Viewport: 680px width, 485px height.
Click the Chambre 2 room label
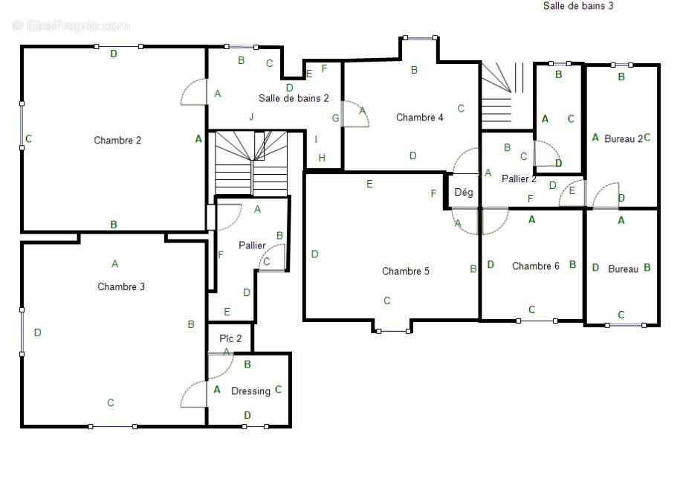click(x=117, y=141)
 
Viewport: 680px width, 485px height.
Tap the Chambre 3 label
click(x=121, y=286)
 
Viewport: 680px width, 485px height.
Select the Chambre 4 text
click(x=419, y=118)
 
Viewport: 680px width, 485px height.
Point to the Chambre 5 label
click(x=406, y=271)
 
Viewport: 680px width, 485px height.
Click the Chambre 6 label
click(x=536, y=266)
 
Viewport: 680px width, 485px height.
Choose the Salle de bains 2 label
click(x=294, y=98)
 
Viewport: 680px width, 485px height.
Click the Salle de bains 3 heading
click(x=578, y=6)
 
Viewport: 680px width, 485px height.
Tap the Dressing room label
click(x=250, y=391)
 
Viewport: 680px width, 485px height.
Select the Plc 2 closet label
click(x=230, y=338)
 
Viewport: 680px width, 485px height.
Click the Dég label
click(x=464, y=192)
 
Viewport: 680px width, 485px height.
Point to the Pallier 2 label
click(x=519, y=179)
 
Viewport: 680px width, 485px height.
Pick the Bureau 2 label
click(x=624, y=139)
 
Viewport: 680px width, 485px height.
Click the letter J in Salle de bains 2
click(x=251, y=116)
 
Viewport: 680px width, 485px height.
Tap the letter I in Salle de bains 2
click(x=316, y=139)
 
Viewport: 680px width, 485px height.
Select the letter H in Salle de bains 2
click(x=322, y=158)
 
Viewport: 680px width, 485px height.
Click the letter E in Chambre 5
click(x=369, y=184)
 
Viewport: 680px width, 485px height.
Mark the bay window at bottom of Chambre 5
click(x=393, y=331)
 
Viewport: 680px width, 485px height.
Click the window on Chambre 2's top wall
click(x=118, y=46)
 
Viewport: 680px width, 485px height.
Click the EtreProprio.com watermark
click(x=71, y=25)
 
